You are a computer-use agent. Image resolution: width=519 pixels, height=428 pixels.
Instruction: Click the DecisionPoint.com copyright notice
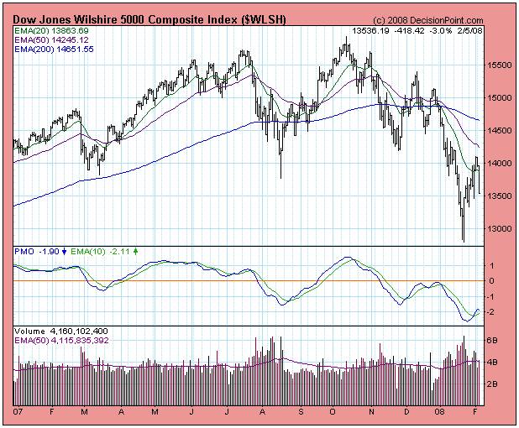tap(429, 19)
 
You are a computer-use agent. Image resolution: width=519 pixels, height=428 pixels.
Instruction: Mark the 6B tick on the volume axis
tap(494, 342)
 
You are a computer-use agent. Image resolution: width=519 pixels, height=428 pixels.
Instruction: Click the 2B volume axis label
tap(494, 383)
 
